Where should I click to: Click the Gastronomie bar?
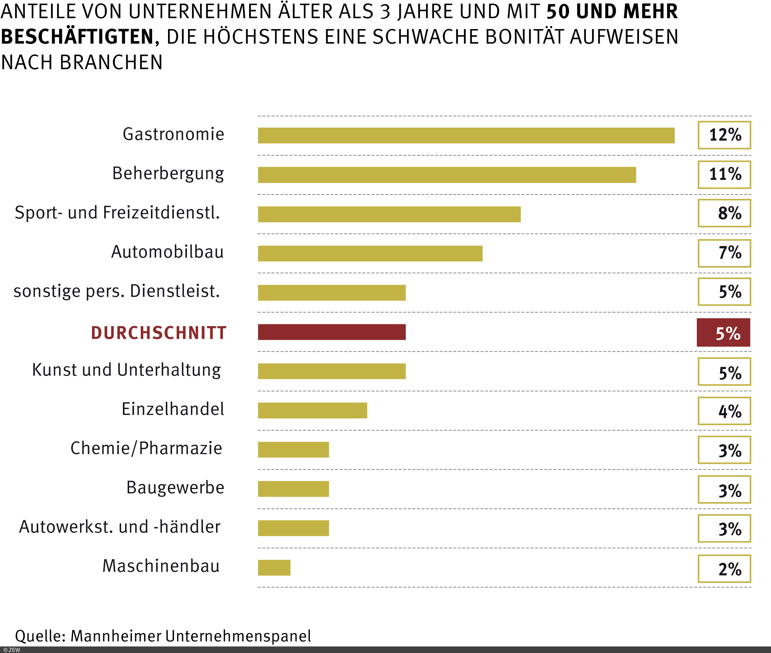click(x=466, y=136)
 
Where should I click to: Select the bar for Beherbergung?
click(x=447, y=175)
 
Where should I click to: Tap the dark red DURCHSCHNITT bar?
click(x=331, y=332)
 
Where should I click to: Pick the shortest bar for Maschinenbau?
click(x=274, y=568)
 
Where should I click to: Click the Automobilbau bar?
click(x=370, y=253)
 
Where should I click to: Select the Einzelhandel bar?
click(x=312, y=410)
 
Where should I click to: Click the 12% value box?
click(x=724, y=135)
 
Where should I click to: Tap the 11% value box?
click(x=724, y=175)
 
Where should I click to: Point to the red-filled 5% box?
click(x=723, y=332)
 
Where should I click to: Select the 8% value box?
click(x=724, y=213)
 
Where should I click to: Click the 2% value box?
click(x=724, y=569)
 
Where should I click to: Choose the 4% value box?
click(x=724, y=411)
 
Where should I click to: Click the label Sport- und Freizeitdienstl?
click(x=117, y=213)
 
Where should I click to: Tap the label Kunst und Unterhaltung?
click(x=126, y=370)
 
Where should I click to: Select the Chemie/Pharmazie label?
click(x=146, y=448)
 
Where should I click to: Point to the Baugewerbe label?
click(x=175, y=488)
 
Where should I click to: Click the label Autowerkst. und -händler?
click(x=120, y=527)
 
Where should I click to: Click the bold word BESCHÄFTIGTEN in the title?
click(x=77, y=37)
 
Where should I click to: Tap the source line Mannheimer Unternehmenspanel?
click(x=163, y=636)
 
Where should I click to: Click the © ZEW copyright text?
click(x=12, y=650)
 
